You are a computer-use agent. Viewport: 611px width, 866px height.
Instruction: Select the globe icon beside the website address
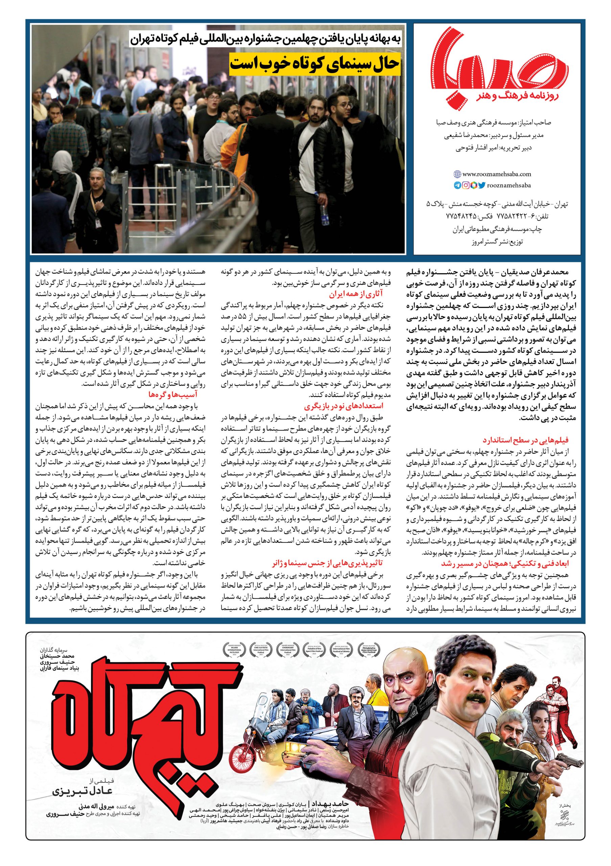(457, 175)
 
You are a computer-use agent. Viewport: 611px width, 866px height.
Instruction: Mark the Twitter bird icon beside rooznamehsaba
(482, 185)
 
